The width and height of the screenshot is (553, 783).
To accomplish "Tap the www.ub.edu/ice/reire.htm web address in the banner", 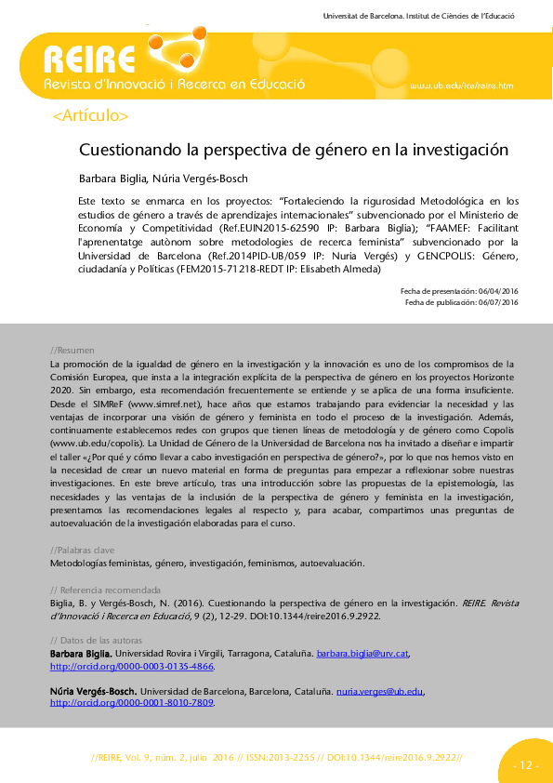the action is (x=462, y=86).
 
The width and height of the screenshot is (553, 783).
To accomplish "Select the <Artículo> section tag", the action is (x=91, y=116).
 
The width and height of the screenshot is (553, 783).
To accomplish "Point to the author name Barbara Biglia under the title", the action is (x=110, y=178).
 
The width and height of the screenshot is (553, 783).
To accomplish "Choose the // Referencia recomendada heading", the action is (x=105, y=591).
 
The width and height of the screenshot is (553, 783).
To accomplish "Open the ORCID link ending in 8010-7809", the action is (x=131, y=703).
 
